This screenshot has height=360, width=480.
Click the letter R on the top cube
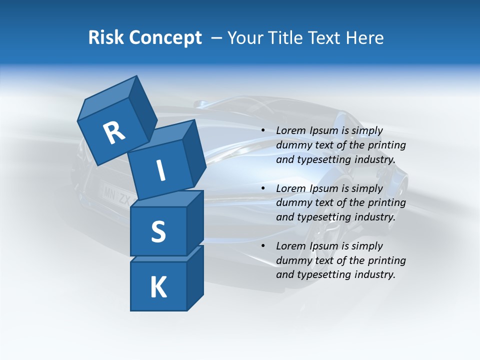point(114,133)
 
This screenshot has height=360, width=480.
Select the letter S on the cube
point(158,231)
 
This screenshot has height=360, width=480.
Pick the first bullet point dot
point(263,131)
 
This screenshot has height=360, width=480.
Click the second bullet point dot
point(263,188)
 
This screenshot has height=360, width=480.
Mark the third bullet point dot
point(263,246)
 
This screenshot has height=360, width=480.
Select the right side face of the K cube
point(195,278)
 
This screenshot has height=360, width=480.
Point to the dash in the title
point(217,38)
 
